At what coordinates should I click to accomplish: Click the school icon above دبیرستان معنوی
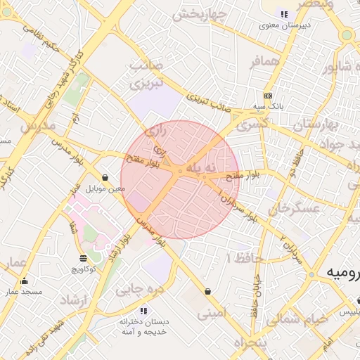click(x=284, y=14)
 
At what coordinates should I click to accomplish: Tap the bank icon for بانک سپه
click(x=268, y=96)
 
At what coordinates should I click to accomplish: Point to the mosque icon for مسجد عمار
click(x=25, y=281)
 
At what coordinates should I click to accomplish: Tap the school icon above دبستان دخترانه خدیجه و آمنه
click(x=143, y=310)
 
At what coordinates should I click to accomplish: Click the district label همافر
click(x=264, y=61)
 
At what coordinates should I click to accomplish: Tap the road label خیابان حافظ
click(x=256, y=296)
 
